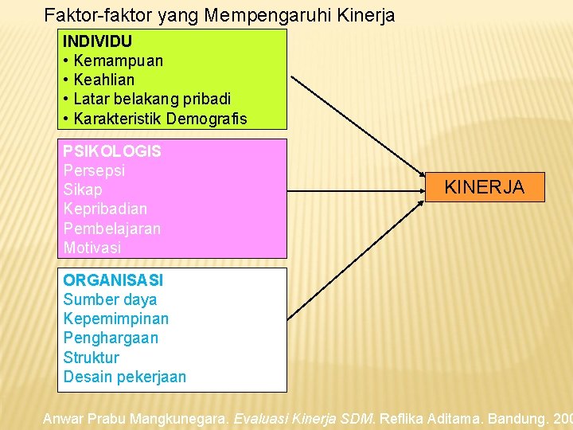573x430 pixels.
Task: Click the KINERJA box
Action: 484,187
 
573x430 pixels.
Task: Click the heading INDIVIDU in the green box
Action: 98,41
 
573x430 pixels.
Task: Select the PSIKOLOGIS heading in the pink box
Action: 112,151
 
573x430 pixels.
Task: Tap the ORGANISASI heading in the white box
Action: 113,280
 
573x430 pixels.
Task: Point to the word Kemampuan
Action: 118,61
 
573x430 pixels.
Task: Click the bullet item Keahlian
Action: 103,80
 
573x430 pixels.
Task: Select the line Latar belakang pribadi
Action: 151,99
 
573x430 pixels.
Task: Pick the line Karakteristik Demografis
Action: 160,119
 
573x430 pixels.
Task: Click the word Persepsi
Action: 94,170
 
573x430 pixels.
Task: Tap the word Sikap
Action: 83,190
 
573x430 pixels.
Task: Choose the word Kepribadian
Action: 105,209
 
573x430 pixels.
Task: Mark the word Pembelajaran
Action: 111,229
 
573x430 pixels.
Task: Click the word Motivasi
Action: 92,248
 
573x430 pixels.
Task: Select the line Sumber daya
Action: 110,299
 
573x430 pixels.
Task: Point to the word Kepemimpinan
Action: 115,319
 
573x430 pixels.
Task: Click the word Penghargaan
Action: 111,338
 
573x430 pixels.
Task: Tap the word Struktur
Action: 91,358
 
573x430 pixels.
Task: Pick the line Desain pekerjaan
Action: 124,377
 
